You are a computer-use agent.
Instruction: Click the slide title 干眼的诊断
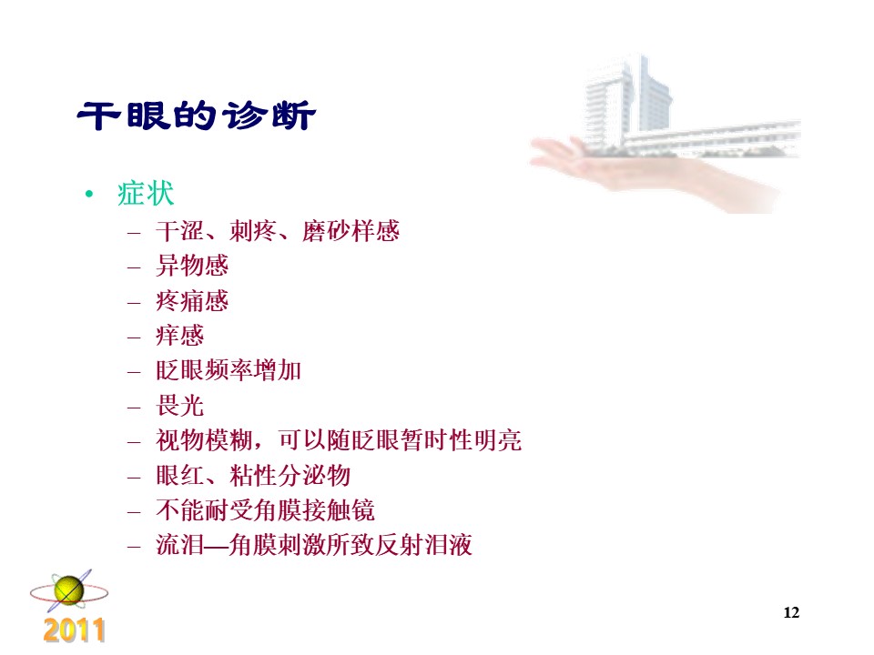click(x=197, y=116)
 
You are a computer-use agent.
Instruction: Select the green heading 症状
click(x=146, y=194)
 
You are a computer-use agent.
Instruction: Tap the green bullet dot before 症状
click(x=89, y=194)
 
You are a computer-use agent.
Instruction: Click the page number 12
click(x=791, y=612)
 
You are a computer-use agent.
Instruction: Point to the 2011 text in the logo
click(x=74, y=630)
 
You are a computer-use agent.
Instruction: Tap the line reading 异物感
click(x=192, y=266)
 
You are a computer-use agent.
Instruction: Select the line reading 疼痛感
click(x=192, y=301)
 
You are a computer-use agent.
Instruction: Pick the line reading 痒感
click(x=180, y=336)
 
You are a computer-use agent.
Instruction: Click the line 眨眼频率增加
click(x=229, y=370)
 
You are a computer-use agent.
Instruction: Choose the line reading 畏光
click(x=180, y=406)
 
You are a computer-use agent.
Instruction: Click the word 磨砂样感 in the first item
click(x=351, y=231)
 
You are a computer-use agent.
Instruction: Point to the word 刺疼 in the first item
click(x=253, y=231)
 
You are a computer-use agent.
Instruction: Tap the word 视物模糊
click(x=205, y=440)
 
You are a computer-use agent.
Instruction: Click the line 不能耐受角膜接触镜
click(x=265, y=510)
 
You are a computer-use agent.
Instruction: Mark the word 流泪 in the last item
click(x=180, y=545)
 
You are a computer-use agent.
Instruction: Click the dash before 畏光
click(x=134, y=408)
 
